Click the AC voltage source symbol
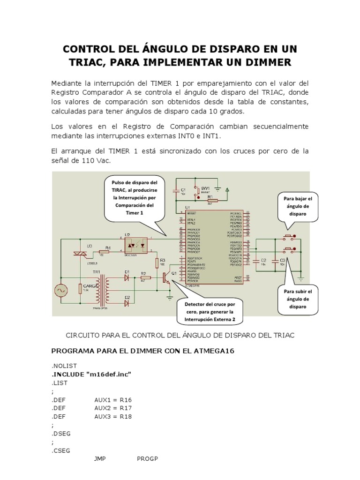pyautogui.click(x=60, y=291)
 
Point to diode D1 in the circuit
pyautogui.click(x=127, y=277)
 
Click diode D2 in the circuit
pyautogui.click(x=127, y=303)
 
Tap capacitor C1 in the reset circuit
pyautogui.click(x=176, y=190)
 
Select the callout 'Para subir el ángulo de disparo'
pyautogui.click(x=298, y=299)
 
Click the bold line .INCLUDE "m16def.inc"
pyautogui.click(x=91, y=374)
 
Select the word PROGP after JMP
pyautogui.click(x=147, y=458)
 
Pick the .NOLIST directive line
pyautogui.click(x=63, y=365)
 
